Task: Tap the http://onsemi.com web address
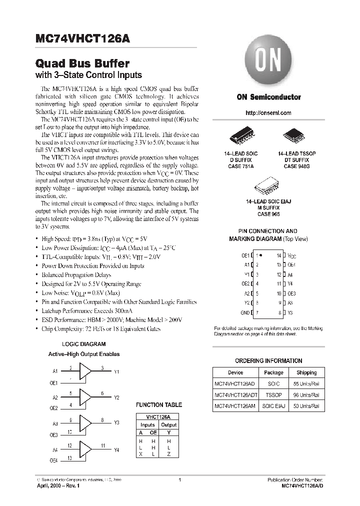(x=268, y=113)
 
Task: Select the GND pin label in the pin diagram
(x=245, y=312)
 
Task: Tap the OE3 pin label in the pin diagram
(x=291, y=293)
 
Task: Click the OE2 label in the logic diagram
(x=53, y=408)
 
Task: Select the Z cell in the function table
(x=169, y=453)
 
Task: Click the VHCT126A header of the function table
(x=158, y=416)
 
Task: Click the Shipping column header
(x=306, y=372)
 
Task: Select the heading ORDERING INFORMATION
(x=268, y=360)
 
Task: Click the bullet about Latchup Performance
(x=91, y=310)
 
